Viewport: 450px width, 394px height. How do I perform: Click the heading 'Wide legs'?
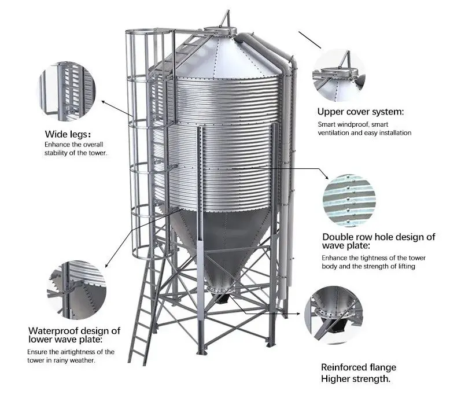(x=66, y=134)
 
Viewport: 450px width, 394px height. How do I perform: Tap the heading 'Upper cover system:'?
(x=360, y=112)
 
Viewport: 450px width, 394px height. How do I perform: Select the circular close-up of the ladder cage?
(x=67, y=91)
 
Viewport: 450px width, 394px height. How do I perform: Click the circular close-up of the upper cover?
(x=338, y=75)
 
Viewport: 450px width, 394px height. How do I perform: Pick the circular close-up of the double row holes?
(x=349, y=200)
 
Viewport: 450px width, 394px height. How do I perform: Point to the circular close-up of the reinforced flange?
(x=334, y=315)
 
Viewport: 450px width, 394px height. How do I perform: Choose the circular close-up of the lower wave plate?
(x=76, y=290)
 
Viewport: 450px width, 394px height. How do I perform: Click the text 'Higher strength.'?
(x=356, y=379)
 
